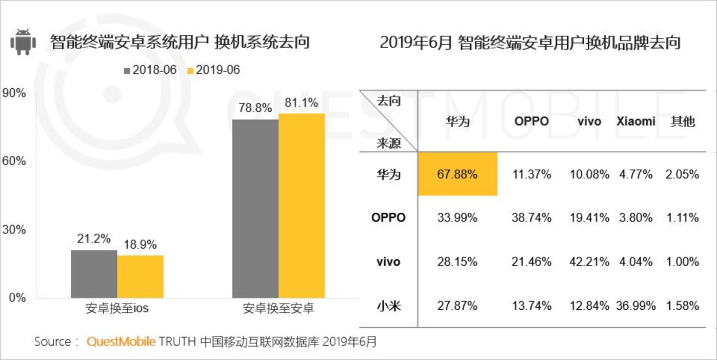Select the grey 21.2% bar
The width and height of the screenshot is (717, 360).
(x=94, y=273)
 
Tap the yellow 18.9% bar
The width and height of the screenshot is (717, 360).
(x=140, y=276)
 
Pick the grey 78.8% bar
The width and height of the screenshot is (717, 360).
(x=255, y=208)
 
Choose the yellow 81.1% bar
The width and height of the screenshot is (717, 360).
(x=302, y=205)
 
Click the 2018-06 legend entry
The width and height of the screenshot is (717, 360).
(x=150, y=70)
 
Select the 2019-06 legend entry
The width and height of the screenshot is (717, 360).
(x=213, y=70)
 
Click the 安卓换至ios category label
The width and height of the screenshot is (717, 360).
(x=117, y=309)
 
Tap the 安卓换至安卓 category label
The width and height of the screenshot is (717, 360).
(x=278, y=309)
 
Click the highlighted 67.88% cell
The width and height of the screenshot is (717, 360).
(x=457, y=174)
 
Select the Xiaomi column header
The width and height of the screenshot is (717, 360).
(x=635, y=122)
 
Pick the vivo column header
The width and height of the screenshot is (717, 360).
(x=589, y=122)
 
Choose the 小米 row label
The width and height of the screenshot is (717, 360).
(x=388, y=306)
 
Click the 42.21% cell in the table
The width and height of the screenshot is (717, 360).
(x=589, y=262)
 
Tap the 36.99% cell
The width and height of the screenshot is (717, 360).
(x=635, y=306)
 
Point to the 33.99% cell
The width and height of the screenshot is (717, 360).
(x=457, y=218)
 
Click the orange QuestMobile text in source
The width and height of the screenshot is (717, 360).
(x=121, y=342)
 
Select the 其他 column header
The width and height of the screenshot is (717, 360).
(x=683, y=122)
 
